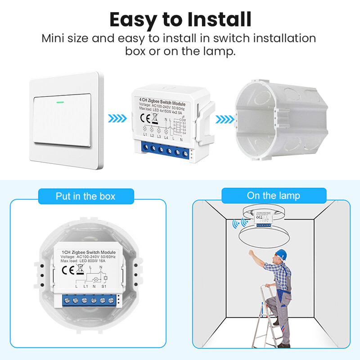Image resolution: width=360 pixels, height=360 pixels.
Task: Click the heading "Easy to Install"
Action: click(180, 19)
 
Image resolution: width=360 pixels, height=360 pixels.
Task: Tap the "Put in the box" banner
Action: click(85, 196)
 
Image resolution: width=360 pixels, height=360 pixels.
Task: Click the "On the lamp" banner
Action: click(273, 195)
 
